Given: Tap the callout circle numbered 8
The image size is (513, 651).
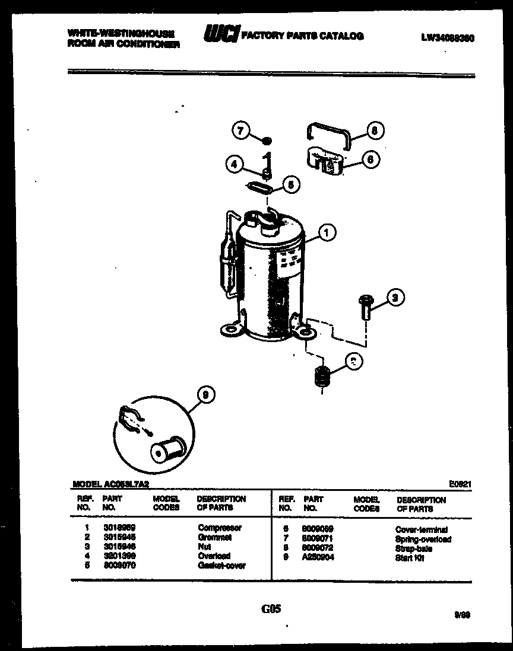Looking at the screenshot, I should click(x=375, y=130).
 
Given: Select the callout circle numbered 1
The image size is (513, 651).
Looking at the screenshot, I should click(x=327, y=232).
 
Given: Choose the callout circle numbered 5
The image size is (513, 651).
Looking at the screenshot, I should click(x=290, y=185).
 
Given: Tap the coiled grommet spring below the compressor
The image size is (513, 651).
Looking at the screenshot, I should click(x=321, y=378).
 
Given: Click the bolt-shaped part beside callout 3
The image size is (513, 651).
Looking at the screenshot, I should click(x=364, y=308).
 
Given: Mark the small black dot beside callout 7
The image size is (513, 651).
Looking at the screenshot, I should click(x=267, y=141).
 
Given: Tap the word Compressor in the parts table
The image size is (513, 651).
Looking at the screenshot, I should click(x=219, y=528).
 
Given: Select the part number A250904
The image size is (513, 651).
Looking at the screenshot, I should click(x=318, y=557).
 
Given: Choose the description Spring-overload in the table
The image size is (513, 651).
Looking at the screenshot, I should click(x=423, y=539).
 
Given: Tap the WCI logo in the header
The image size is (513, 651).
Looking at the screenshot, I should click(x=220, y=35).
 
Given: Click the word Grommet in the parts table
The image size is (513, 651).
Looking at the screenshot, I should click(x=214, y=537).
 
